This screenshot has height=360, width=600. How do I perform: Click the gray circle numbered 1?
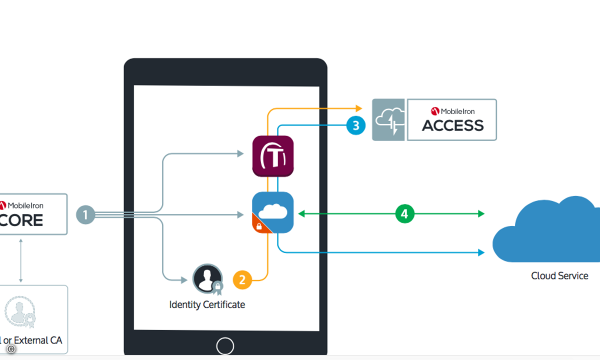point(85,215)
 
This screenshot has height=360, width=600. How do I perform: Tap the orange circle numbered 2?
point(242,279)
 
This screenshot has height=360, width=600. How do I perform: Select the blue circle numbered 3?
point(355,125)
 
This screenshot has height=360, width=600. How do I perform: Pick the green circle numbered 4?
point(404,214)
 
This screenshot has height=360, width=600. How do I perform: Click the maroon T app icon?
point(272,156)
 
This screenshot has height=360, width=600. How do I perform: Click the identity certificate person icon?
point(207,278)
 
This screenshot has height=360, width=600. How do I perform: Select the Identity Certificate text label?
point(207,304)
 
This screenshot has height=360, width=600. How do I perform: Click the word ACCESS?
point(452,125)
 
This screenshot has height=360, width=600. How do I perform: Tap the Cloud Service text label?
point(559,276)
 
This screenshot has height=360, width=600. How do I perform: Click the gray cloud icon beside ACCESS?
point(388,119)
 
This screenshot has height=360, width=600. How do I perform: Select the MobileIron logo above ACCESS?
point(452,111)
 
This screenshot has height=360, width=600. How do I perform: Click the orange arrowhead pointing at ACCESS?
point(358,108)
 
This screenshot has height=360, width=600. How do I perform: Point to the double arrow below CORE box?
point(20,260)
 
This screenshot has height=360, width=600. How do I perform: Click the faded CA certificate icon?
point(20,311)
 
